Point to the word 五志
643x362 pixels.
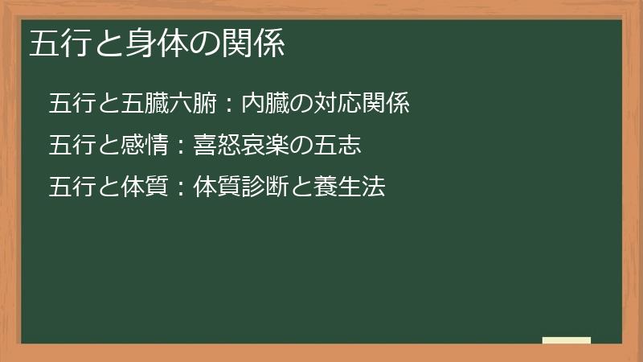pyautogui.click(x=336, y=146)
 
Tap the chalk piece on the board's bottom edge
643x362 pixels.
pyautogui.click(x=566, y=340)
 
